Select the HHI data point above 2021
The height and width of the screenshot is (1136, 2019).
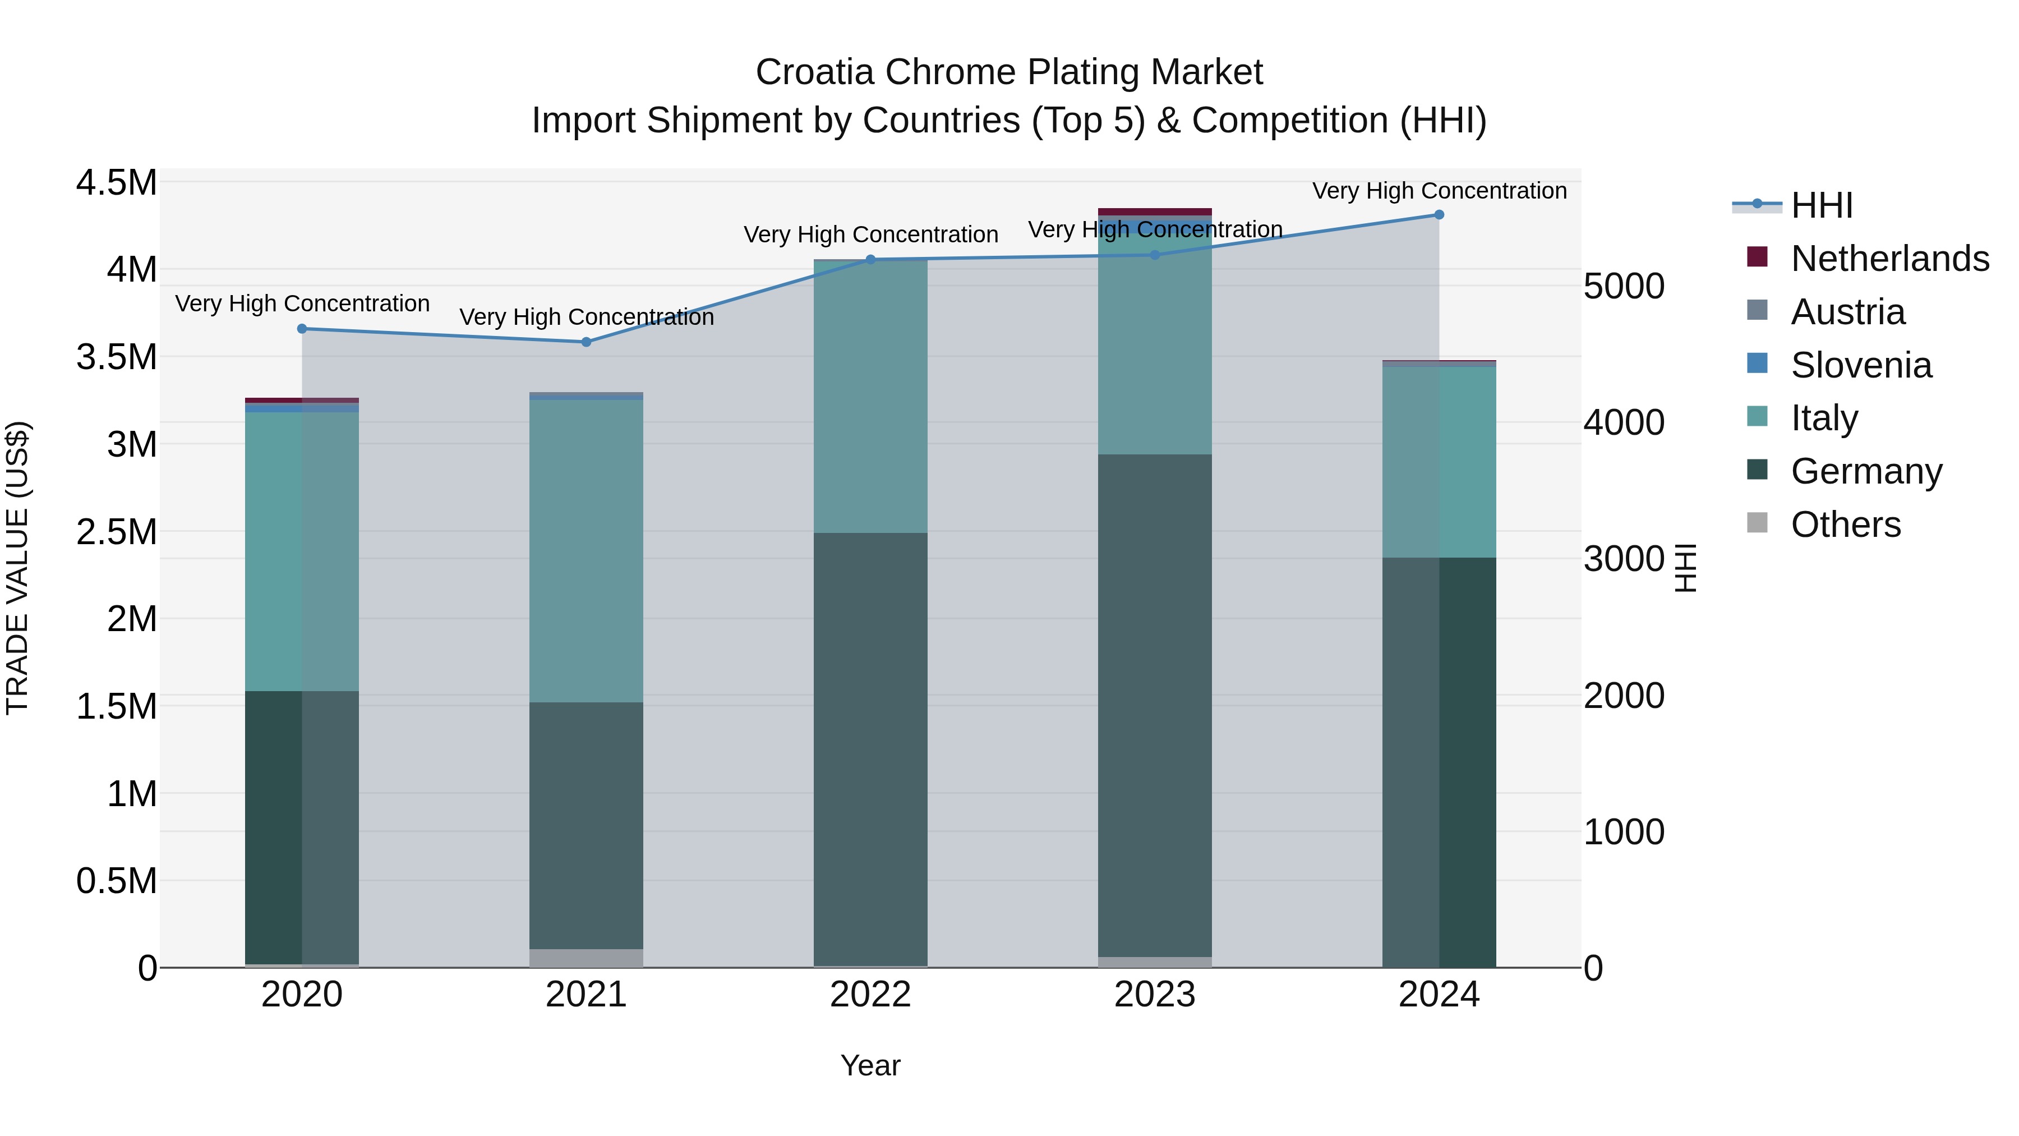(x=586, y=342)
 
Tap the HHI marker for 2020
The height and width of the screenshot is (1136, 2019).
(x=302, y=329)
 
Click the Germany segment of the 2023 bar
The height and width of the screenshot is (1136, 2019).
(x=1155, y=706)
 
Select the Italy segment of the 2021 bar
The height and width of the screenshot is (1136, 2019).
(x=586, y=550)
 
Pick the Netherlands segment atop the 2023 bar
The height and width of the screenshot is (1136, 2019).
(x=1155, y=211)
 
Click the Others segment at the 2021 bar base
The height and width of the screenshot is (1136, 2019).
(x=586, y=958)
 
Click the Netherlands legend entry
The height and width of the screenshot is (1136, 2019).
(x=1889, y=259)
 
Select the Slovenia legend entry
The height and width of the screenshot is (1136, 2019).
(x=1861, y=365)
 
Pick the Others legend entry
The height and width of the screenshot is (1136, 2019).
(x=1845, y=525)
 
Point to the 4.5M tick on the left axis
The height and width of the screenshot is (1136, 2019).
(x=116, y=183)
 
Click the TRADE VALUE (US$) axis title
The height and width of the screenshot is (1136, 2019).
(x=17, y=568)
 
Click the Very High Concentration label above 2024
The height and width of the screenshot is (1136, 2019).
(x=1439, y=191)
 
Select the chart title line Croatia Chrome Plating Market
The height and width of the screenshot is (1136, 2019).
(x=1009, y=72)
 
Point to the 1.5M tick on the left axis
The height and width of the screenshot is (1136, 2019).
(x=116, y=706)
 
